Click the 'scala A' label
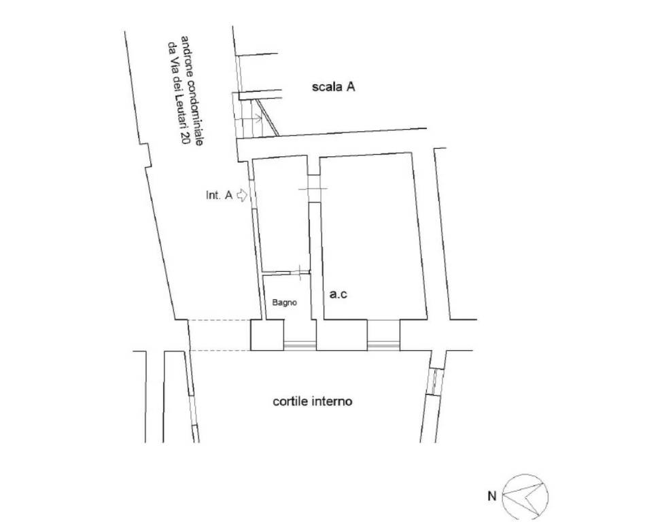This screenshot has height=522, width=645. click(333, 87)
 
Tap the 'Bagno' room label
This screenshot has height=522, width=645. click(285, 302)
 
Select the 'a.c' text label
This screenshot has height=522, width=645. click(338, 294)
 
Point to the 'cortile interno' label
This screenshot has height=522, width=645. click(312, 401)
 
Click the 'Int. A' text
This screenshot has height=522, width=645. click(219, 195)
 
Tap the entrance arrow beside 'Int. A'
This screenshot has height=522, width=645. click(242, 195)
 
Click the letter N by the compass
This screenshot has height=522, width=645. click(492, 496)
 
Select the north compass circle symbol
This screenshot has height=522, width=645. click(526, 496)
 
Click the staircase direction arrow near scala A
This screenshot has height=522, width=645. click(251, 119)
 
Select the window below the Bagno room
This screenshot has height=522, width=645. click(300, 345)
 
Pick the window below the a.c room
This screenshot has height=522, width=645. click(383, 345)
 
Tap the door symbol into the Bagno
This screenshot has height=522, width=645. click(300, 272)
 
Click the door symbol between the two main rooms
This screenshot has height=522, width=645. click(313, 189)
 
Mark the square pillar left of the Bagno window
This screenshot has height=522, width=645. click(267, 335)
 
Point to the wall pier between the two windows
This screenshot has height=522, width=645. click(341, 335)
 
